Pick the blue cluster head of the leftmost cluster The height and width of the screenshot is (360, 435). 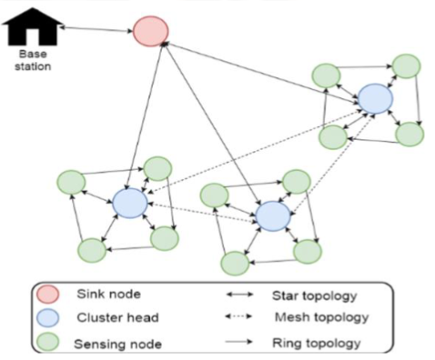(129, 203)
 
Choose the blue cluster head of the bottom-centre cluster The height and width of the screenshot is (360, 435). (272, 215)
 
